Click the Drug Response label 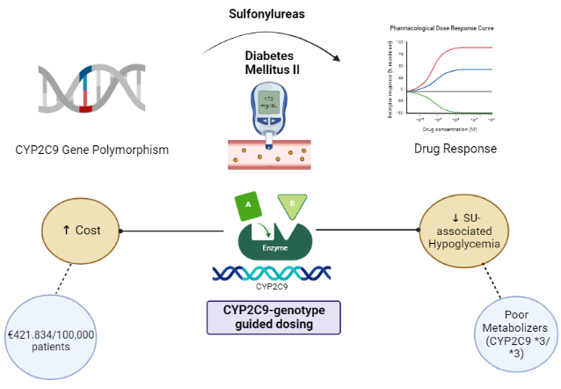coord(455,149)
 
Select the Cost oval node coord(81,230)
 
